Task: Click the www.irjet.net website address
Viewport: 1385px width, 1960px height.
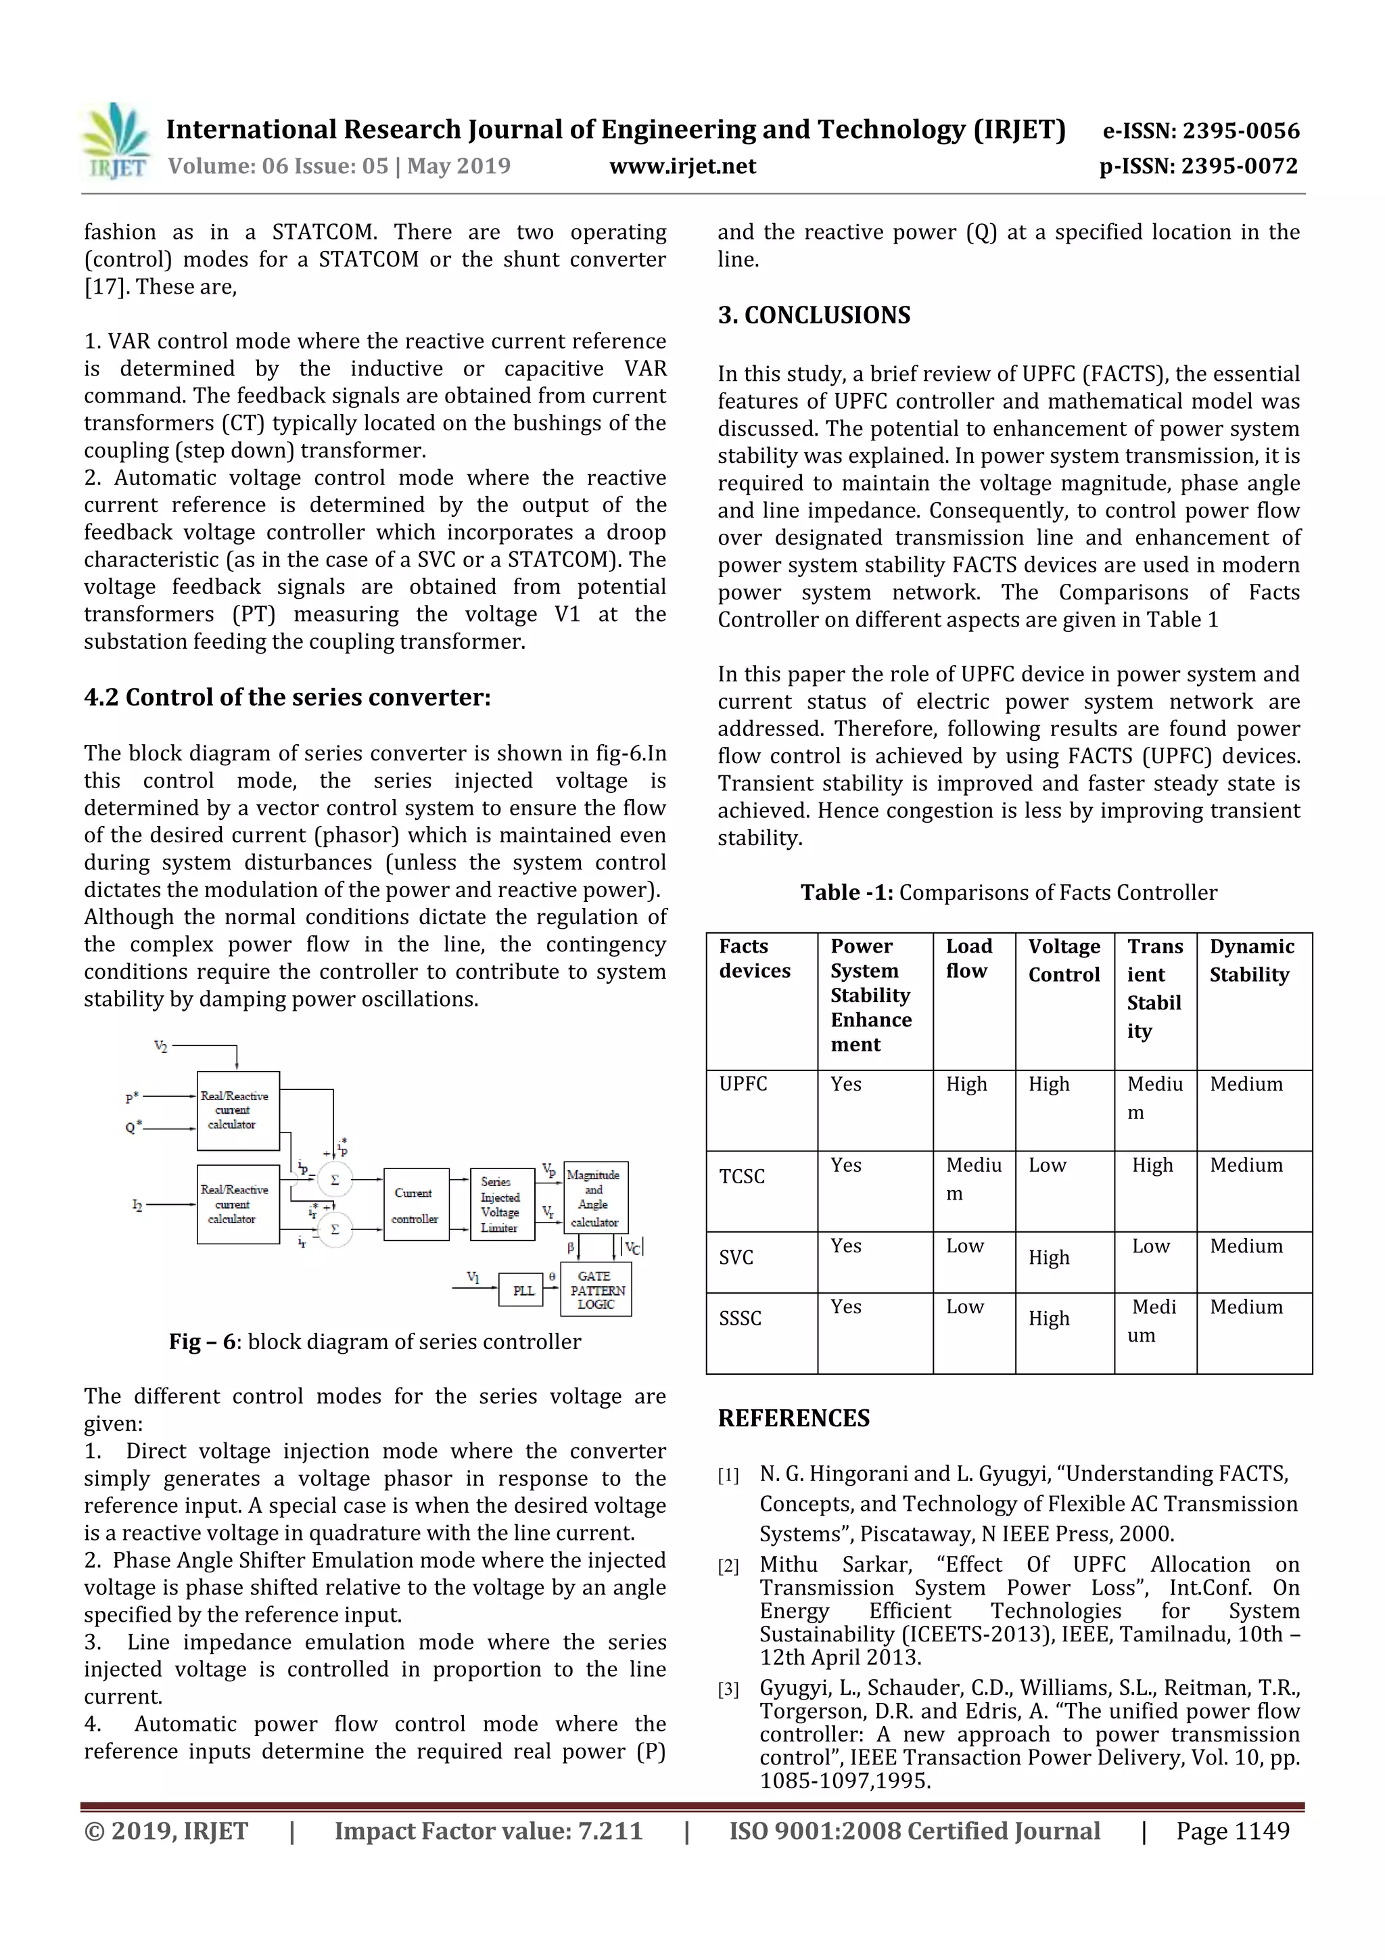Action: click(682, 166)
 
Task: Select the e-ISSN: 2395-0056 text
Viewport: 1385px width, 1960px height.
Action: click(1200, 131)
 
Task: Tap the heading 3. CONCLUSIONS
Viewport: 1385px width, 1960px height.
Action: click(814, 315)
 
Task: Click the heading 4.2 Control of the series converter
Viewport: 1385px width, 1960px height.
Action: click(287, 698)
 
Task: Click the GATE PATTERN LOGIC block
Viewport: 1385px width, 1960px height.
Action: click(596, 1290)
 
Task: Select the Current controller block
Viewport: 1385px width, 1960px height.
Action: click(416, 1204)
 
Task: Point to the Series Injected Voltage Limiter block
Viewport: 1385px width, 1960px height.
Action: click(502, 1204)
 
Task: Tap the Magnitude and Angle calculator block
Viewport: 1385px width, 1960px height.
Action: click(595, 1198)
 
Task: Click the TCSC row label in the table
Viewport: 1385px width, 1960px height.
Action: click(742, 1177)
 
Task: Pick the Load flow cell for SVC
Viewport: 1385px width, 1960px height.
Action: click(964, 1246)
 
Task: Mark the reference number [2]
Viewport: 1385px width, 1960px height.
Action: click(728, 1566)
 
